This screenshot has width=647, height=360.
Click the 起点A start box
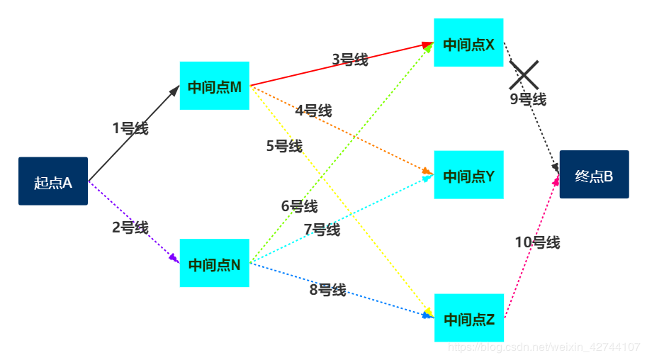[53, 181]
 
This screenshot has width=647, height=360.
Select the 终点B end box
[594, 175]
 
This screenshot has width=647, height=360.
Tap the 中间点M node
[215, 86]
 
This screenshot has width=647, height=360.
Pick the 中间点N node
[215, 264]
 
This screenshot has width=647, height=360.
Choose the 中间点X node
[468, 43]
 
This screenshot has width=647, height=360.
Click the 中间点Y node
[468, 175]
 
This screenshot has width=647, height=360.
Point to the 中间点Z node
[468, 318]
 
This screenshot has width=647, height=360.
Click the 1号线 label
[130, 128]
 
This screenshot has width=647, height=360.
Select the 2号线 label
[130, 227]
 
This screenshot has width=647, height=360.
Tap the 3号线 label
[350, 60]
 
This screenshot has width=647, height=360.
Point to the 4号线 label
[313, 111]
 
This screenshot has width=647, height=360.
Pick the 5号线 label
[284, 146]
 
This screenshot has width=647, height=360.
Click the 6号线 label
[299, 206]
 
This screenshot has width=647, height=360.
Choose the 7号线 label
[322, 230]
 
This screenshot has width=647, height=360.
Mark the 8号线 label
[327, 289]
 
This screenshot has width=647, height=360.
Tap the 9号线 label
[528, 99]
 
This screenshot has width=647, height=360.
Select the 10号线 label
[537, 242]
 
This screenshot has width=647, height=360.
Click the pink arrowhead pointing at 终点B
[556, 181]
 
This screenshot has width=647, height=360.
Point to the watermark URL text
[546, 347]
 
